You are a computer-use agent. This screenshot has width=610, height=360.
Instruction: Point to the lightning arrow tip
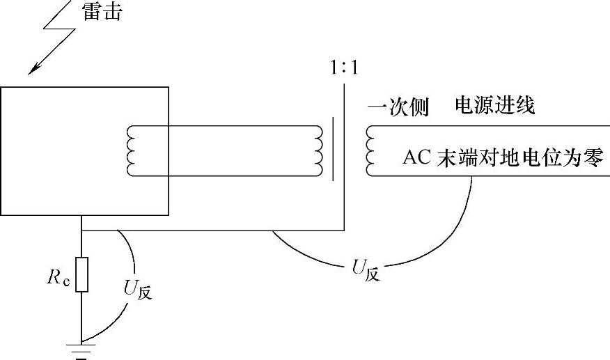click(x=29, y=72)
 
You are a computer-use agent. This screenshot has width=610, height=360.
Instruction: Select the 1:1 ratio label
click(x=345, y=70)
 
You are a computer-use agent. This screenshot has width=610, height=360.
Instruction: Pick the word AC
click(x=418, y=157)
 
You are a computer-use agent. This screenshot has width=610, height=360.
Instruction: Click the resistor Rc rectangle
click(x=81, y=274)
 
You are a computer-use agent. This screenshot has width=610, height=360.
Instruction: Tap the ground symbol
click(x=81, y=349)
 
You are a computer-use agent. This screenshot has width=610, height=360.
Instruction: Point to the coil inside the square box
click(x=130, y=150)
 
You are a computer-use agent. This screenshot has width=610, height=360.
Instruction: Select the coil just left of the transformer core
click(x=319, y=150)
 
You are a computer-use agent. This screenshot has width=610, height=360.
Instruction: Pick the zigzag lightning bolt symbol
click(x=52, y=35)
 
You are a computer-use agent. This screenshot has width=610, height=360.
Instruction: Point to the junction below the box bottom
click(x=81, y=230)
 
